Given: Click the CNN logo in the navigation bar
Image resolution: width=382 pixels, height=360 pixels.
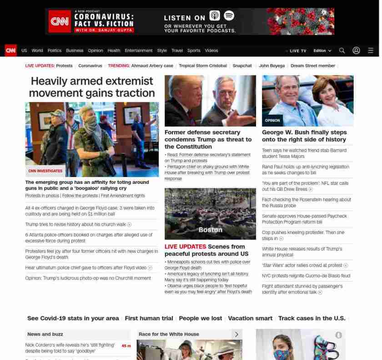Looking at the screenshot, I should coord(10,51).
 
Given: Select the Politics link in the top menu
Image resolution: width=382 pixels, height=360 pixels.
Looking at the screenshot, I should coord(54,51).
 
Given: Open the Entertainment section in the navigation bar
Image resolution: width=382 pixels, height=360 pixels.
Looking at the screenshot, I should coord(139,51).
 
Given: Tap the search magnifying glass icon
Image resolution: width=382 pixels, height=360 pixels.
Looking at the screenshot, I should coord(342,51).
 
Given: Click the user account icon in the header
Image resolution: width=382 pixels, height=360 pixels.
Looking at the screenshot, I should coord(356,51).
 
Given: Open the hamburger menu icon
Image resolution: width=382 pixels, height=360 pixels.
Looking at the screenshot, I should coord(371,51).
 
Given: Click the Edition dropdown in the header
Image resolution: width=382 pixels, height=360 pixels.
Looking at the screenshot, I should coord(322,51).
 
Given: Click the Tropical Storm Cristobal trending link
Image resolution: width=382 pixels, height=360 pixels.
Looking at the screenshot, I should coord(203,66).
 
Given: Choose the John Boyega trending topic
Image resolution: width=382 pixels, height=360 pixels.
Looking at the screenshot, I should coord(272,66).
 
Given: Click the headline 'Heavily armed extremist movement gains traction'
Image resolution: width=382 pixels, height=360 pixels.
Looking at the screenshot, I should coord(92,87).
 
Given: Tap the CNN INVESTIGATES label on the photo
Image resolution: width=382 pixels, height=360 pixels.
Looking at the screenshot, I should coord(45,171).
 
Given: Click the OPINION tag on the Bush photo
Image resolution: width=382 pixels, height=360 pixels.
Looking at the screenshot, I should coord(272,121).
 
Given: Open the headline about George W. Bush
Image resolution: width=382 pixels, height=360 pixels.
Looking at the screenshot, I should coord(304,136).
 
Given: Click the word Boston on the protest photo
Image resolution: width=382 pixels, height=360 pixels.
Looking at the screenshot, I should coord(210,230).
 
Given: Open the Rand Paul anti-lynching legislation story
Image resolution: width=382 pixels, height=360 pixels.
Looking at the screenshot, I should coord(305,170).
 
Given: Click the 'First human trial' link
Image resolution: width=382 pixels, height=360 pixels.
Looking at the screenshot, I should coord(149,318).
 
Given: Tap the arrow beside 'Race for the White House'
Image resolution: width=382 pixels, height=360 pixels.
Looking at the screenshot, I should coord(236,334).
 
